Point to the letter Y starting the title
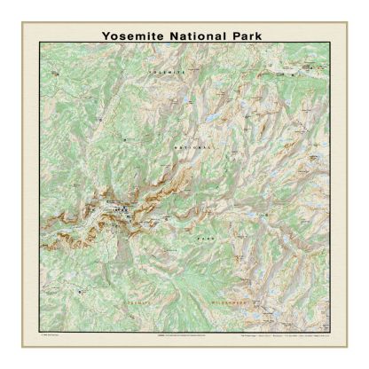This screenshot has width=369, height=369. click(x=106, y=35)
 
